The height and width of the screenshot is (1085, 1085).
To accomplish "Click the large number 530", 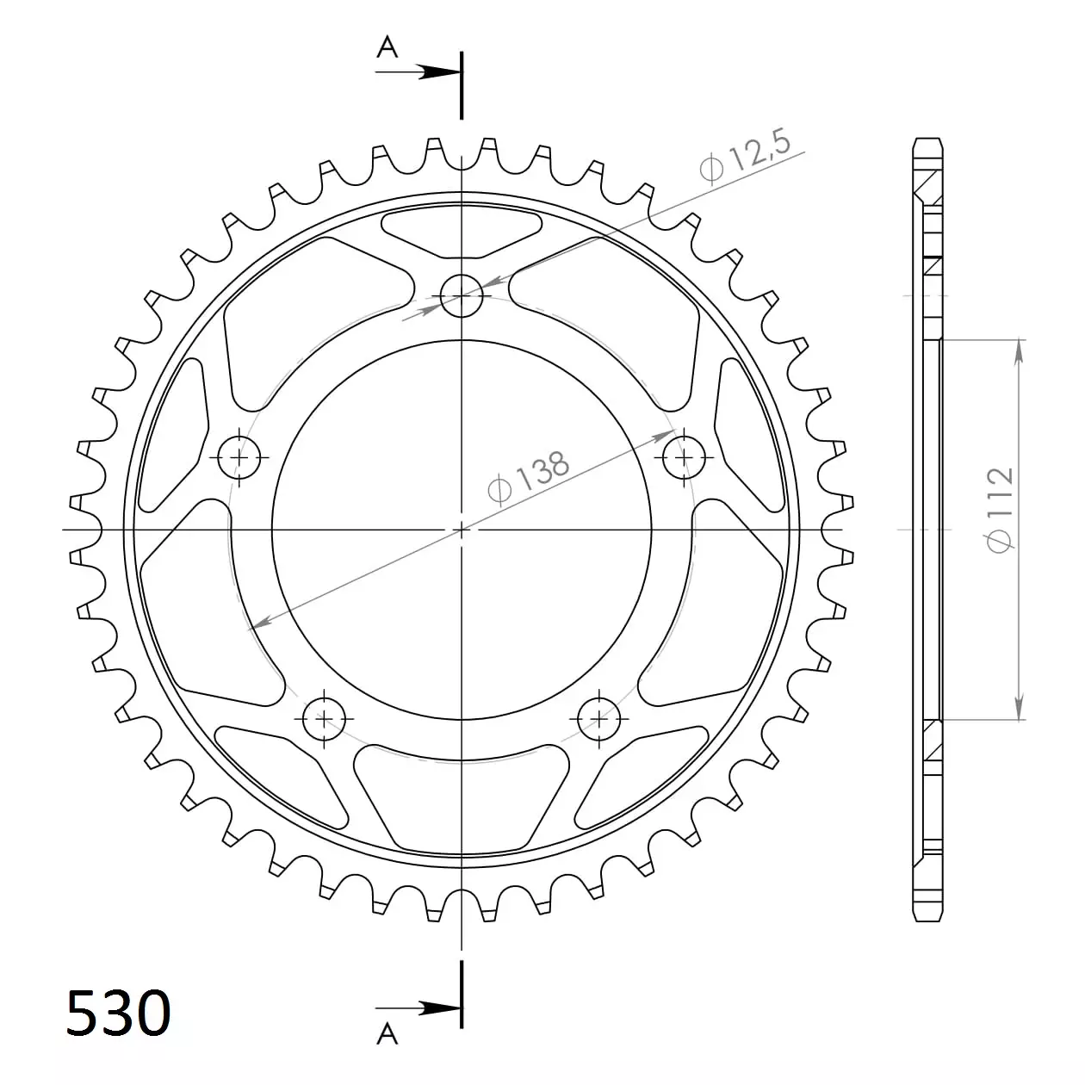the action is (118, 1011).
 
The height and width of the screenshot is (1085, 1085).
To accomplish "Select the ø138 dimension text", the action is (529, 476).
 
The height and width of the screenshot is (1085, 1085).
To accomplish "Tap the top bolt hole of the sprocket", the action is (462, 295).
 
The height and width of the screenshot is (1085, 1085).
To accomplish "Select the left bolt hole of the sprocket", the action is (239, 457).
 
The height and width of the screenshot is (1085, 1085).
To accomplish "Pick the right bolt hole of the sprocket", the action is (684, 457).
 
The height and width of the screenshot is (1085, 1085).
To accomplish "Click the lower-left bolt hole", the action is (324, 719).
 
